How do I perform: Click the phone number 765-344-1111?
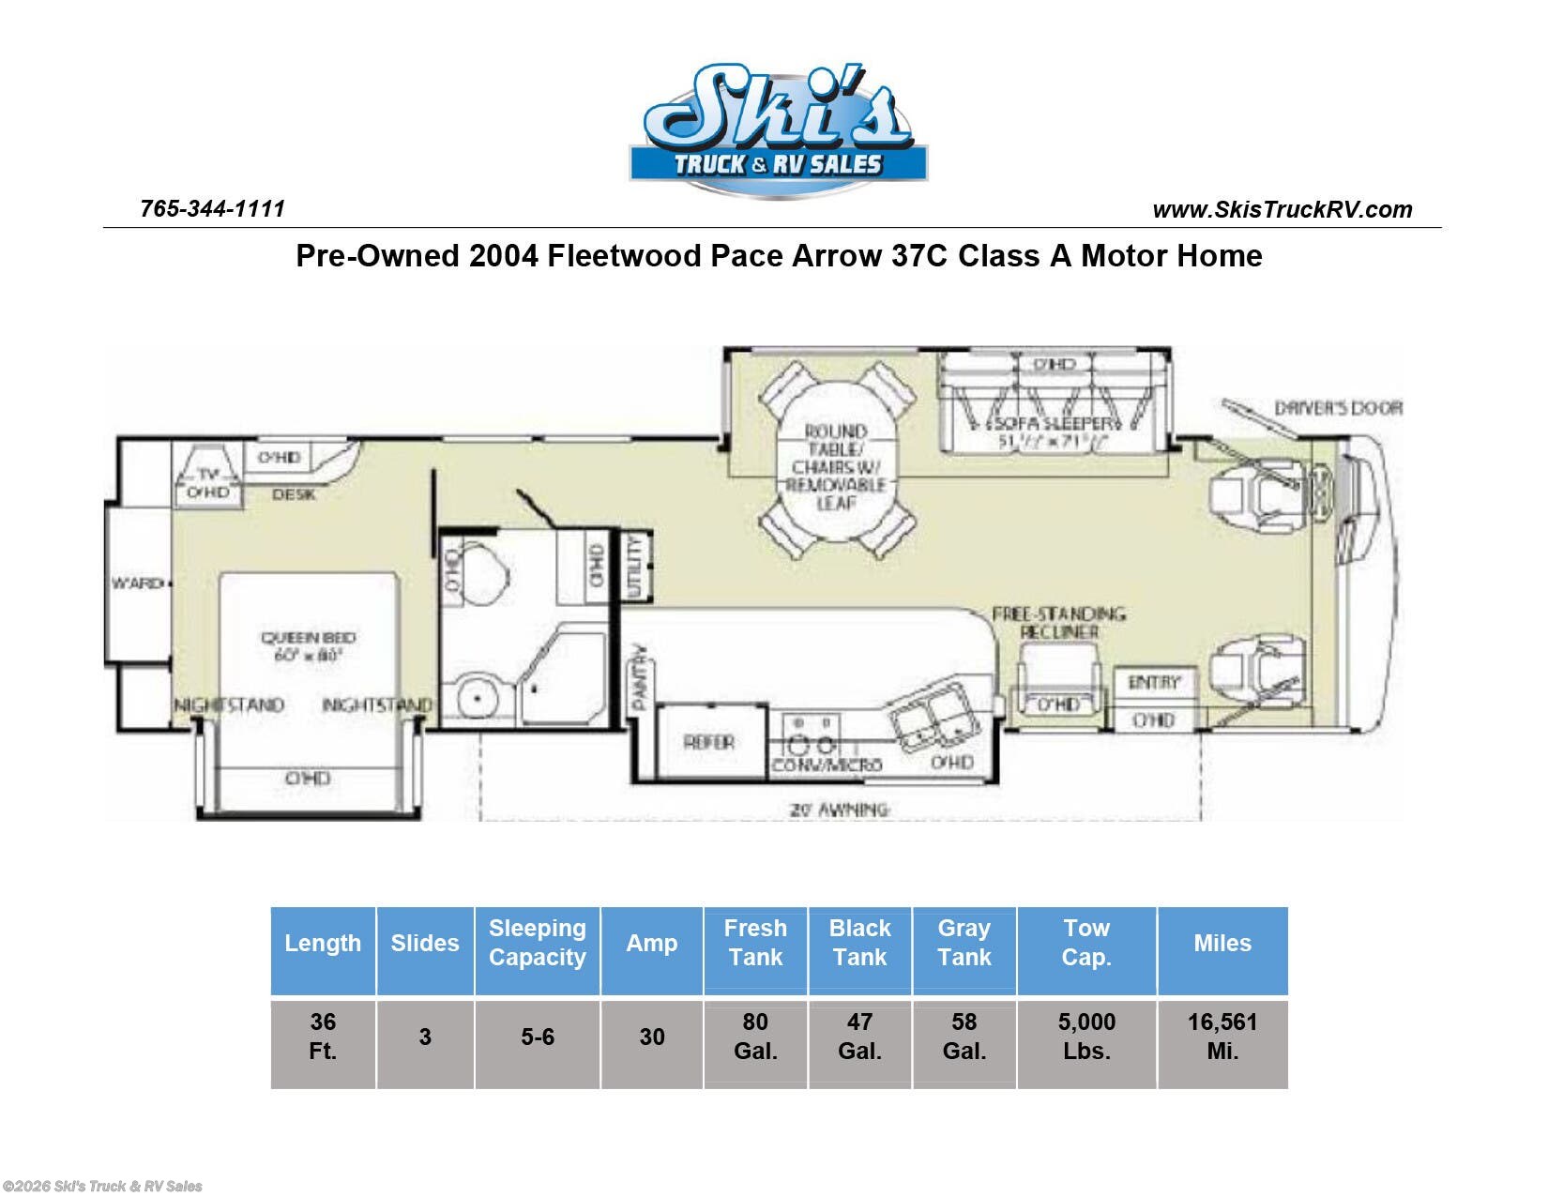212,208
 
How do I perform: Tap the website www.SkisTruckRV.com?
1282,209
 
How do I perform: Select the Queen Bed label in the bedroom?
308,645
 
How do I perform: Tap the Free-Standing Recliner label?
1058,623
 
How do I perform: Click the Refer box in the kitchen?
709,742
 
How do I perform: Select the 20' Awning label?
840,809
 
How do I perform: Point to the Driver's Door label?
1338,408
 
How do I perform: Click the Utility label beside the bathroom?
635,567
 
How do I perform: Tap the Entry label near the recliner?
1154,682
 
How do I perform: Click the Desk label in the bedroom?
294,494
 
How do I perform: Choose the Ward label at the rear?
137,583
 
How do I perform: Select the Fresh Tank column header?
755,942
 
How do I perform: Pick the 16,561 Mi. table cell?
1222,1036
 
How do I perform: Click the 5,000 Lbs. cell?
1085,1036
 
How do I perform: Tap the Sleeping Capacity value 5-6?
538,1037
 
